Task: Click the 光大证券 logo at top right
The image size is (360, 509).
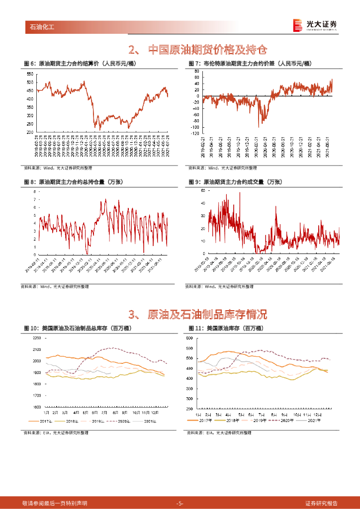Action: [x=314, y=25]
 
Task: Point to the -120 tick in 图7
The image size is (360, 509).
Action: [x=195, y=134]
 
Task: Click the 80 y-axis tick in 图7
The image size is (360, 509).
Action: [x=197, y=71]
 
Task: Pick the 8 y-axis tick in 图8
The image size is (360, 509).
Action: [x=34, y=191]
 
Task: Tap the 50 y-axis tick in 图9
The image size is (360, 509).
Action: [x=203, y=190]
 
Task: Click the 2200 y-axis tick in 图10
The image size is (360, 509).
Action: [x=37, y=338]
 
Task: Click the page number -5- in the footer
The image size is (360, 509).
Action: [x=180, y=503]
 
